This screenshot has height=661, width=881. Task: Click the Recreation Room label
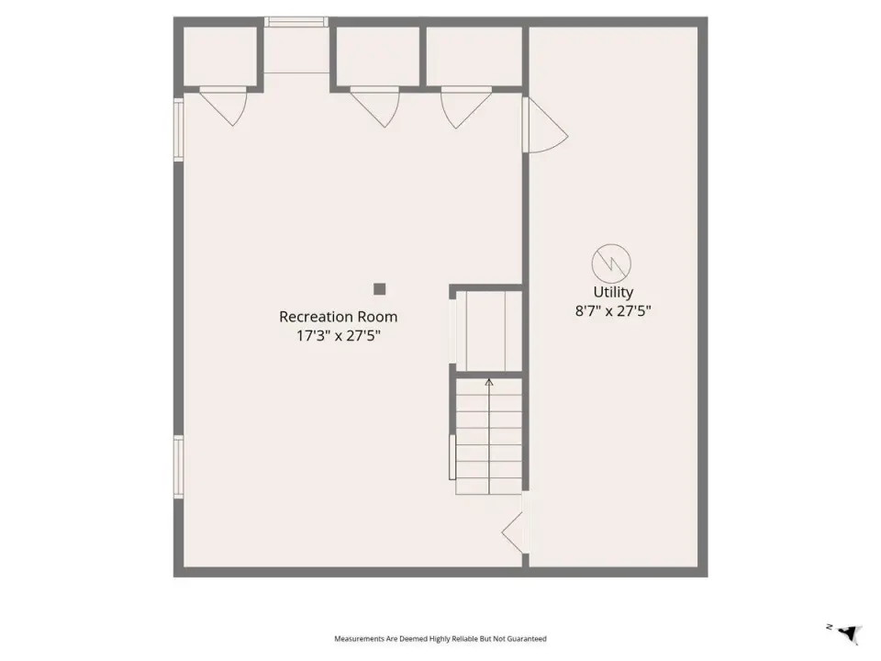click(339, 317)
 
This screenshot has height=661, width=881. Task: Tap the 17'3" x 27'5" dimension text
click(339, 336)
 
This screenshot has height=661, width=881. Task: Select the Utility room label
click(613, 292)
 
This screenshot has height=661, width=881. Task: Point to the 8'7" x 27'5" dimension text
click(613, 311)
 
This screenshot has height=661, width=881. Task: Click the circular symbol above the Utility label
click(611, 263)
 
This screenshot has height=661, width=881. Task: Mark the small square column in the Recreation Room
click(380, 289)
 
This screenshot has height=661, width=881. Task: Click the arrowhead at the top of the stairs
click(489, 383)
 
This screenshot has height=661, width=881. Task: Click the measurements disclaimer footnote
click(440, 639)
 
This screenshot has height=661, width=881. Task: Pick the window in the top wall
click(296, 22)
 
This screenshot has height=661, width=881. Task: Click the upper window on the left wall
click(179, 129)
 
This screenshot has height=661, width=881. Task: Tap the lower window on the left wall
click(179, 467)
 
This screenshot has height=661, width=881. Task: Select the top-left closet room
click(220, 56)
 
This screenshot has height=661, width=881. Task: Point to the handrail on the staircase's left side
click(452, 457)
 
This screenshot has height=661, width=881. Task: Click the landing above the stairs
click(489, 331)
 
